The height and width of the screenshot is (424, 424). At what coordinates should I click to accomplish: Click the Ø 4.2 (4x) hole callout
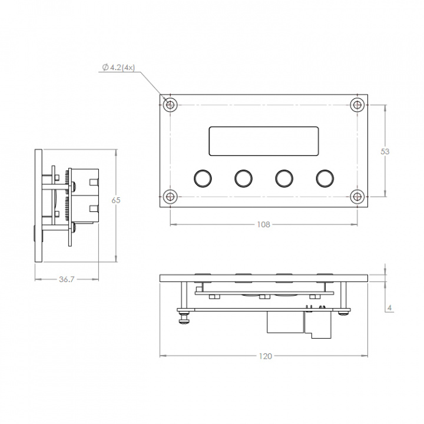(119, 68)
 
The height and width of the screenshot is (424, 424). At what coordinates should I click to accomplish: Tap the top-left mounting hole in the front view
(170, 105)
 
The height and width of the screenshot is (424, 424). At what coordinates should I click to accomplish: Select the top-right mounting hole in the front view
(357, 105)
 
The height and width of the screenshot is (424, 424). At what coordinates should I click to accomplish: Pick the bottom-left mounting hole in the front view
(170, 197)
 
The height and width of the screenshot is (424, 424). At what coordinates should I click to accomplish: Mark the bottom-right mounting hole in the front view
(357, 197)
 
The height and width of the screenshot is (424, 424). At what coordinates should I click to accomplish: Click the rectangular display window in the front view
(264, 141)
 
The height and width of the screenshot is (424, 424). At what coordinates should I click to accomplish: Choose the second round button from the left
(243, 177)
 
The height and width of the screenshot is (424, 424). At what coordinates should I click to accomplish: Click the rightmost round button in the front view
(324, 177)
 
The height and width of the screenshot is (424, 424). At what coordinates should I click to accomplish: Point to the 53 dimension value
(385, 151)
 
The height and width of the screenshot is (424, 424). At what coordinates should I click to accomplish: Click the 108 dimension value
(263, 224)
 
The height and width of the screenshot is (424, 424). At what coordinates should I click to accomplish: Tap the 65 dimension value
(116, 200)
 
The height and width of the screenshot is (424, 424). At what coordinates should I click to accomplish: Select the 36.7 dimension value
(67, 280)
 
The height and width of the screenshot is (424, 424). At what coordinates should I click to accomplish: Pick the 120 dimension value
(266, 356)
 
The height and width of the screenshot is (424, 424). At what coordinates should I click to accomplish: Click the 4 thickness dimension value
(390, 307)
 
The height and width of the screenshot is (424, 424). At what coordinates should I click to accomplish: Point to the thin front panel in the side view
(38, 206)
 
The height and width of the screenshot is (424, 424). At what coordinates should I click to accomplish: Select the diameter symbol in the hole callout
(105, 68)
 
